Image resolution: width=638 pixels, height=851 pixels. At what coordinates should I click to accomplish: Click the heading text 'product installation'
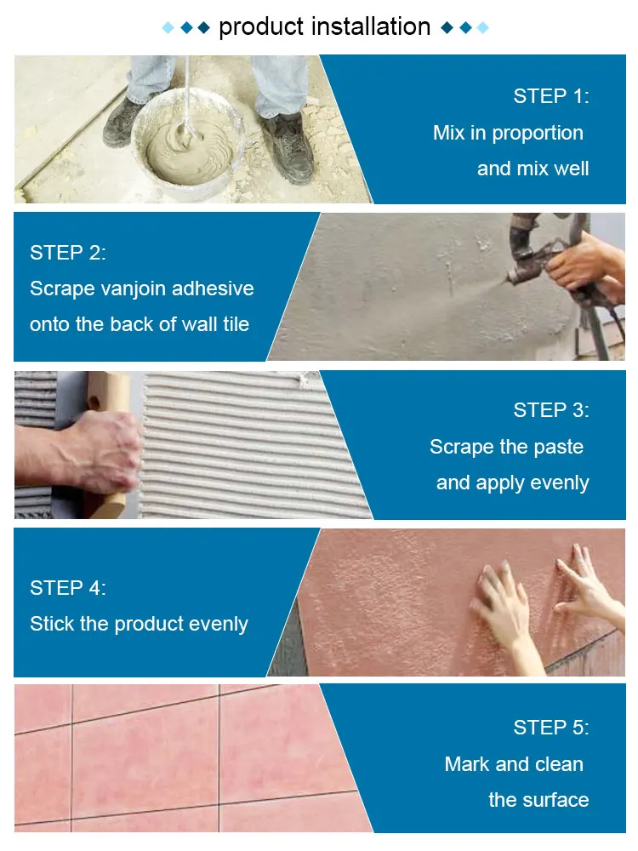tap(324, 26)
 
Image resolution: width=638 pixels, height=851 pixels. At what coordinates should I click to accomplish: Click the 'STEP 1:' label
tap(550, 96)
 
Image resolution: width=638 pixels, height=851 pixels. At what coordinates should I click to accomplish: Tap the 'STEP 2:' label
tap(68, 253)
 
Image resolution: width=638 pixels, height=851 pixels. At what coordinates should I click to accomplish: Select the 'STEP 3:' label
tap(550, 410)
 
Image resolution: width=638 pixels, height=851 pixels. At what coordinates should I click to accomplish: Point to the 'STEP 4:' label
tap(68, 588)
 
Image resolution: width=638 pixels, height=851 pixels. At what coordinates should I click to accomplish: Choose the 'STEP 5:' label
tap(550, 728)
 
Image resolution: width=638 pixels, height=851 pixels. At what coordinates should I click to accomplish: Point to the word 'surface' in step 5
tap(553, 800)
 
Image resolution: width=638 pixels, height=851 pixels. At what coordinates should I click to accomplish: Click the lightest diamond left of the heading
tap(168, 28)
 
